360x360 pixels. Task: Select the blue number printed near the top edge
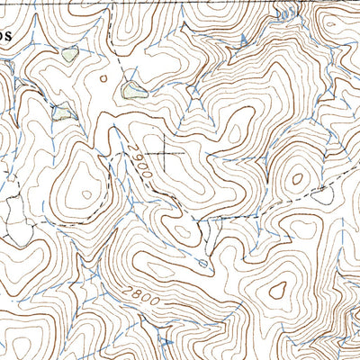coord(284,14)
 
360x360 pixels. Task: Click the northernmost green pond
coord(70,55)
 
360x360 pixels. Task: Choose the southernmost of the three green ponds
coord(63,112)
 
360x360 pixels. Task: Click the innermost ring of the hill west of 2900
coord(85,191)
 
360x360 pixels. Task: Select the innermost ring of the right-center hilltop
coord(295,178)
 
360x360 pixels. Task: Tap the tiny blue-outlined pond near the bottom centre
coord(203,263)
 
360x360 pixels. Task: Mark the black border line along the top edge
coord(180,2)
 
